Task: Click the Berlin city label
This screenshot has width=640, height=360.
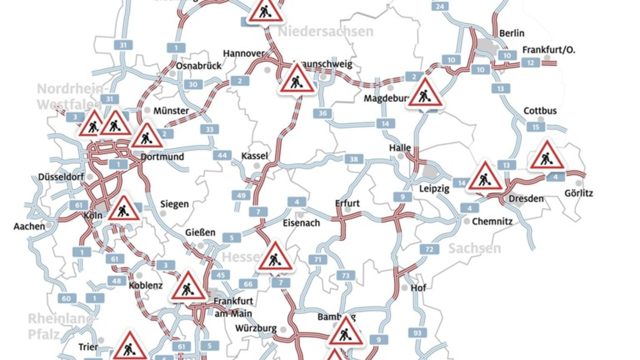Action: [511, 34]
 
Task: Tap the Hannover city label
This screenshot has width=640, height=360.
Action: [244, 53]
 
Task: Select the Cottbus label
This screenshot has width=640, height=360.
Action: [540, 111]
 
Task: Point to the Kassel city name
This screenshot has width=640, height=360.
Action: [254, 156]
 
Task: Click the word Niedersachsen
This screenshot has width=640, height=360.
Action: [325, 31]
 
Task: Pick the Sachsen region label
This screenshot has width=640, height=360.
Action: [474, 248]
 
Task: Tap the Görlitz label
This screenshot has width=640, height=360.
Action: [579, 193]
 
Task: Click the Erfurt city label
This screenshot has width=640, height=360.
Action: [347, 203]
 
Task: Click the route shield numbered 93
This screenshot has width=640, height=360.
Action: [418, 333]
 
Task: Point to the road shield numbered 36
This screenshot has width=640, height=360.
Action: [323, 113]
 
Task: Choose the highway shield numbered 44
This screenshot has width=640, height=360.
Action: [222, 156]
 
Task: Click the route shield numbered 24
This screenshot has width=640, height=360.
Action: [439, 6]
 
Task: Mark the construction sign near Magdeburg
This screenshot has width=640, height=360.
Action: [425, 93]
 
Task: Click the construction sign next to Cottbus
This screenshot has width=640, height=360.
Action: [546, 156]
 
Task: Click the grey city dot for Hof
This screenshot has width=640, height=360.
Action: [404, 287]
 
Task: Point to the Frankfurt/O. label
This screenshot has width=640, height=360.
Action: [548, 50]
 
